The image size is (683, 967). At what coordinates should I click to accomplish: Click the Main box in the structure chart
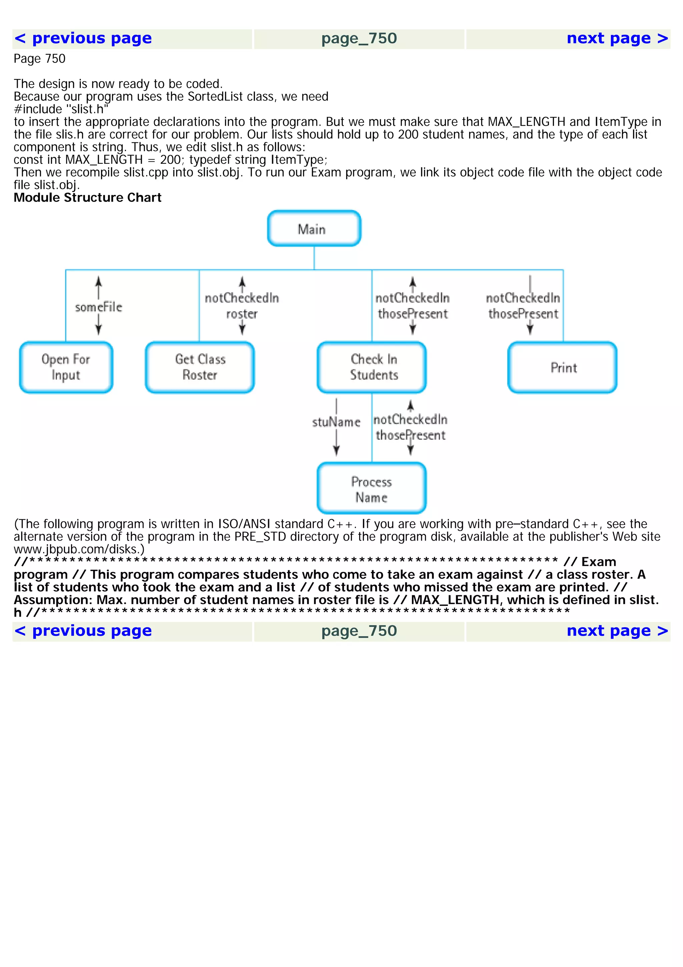click(314, 229)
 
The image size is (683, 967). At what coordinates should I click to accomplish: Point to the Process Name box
click(372, 489)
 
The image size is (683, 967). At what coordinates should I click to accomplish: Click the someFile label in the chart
click(98, 307)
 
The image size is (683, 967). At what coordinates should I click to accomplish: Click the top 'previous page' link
click(83, 39)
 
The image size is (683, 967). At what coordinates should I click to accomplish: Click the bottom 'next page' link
click(617, 631)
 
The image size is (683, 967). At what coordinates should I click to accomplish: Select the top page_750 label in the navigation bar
click(359, 39)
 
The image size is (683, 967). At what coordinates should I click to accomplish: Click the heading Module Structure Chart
click(87, 198)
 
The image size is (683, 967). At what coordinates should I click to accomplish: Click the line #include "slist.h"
click(61, 109)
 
